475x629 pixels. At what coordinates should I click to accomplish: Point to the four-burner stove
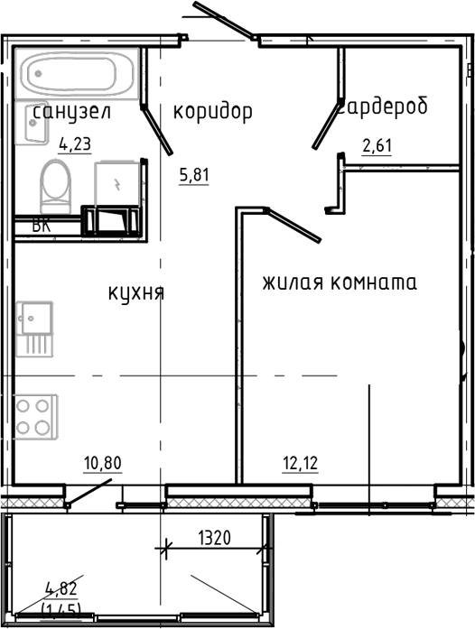click(x=34, y=416)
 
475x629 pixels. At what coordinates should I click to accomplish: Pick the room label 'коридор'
click(x=212, y=111)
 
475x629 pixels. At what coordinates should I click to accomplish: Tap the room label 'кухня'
click(x=135, y=292)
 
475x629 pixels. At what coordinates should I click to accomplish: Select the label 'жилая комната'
click(x=340, y=282)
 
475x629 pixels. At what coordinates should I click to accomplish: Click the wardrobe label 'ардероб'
click(x=384, y=106)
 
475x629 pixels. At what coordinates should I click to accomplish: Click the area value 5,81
click(x=193, y=176)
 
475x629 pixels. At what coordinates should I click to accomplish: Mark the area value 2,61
click(x=376, y=143)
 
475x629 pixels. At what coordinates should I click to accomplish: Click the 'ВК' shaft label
click(x=41, y=227)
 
